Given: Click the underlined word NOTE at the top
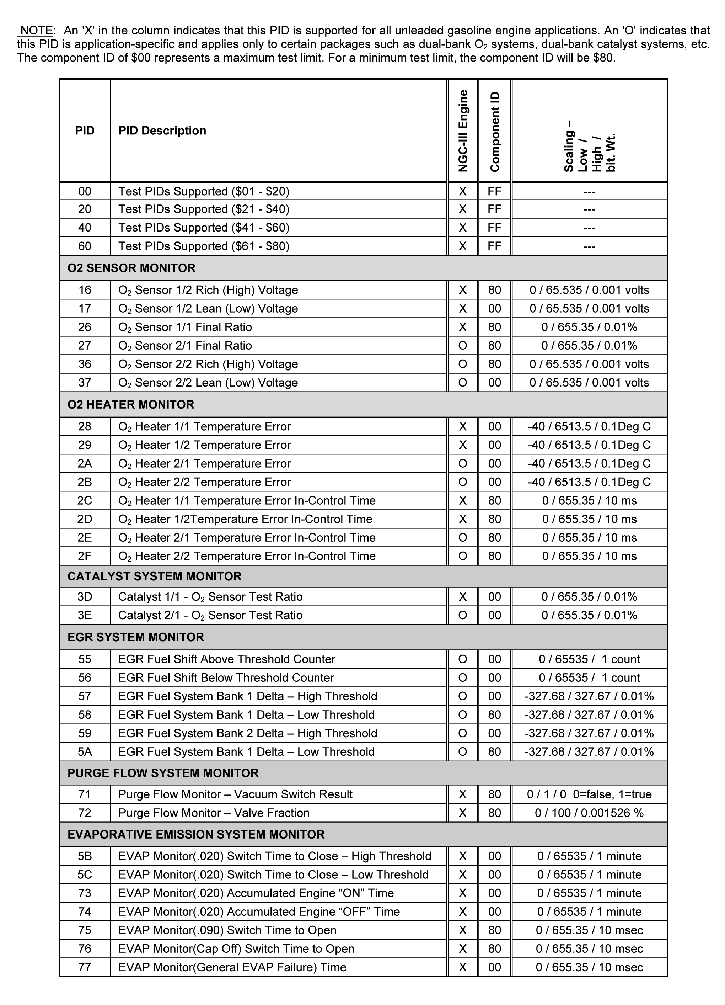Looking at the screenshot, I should tap(37, 31).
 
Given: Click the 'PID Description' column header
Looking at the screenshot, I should tap(162, 131).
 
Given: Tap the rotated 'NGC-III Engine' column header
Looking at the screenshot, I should tap(463, 131).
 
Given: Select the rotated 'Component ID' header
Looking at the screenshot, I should tap(495, 132).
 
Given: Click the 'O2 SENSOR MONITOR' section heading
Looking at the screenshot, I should tap(131, 268).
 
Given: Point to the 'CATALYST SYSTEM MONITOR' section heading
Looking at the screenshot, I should tap(154, 576).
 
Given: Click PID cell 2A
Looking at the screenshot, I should tap(85, 463).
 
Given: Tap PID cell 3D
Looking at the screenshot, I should tap(85, 597).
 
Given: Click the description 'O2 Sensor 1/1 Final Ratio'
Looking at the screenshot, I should tap(185, 327).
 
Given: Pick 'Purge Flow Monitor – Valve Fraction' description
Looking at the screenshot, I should tap(214, 813).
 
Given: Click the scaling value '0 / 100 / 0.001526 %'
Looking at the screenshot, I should tap(589, 813).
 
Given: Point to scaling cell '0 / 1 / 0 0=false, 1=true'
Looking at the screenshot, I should tap(589, 794).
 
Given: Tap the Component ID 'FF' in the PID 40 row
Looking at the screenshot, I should tap(494, 228).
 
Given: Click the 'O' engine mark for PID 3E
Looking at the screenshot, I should tap(463, 616).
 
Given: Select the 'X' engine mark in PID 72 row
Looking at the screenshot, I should tap(463, 813).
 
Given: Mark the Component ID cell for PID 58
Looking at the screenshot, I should tap(494, 715).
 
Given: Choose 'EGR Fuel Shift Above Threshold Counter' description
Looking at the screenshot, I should tap(226, 659).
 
